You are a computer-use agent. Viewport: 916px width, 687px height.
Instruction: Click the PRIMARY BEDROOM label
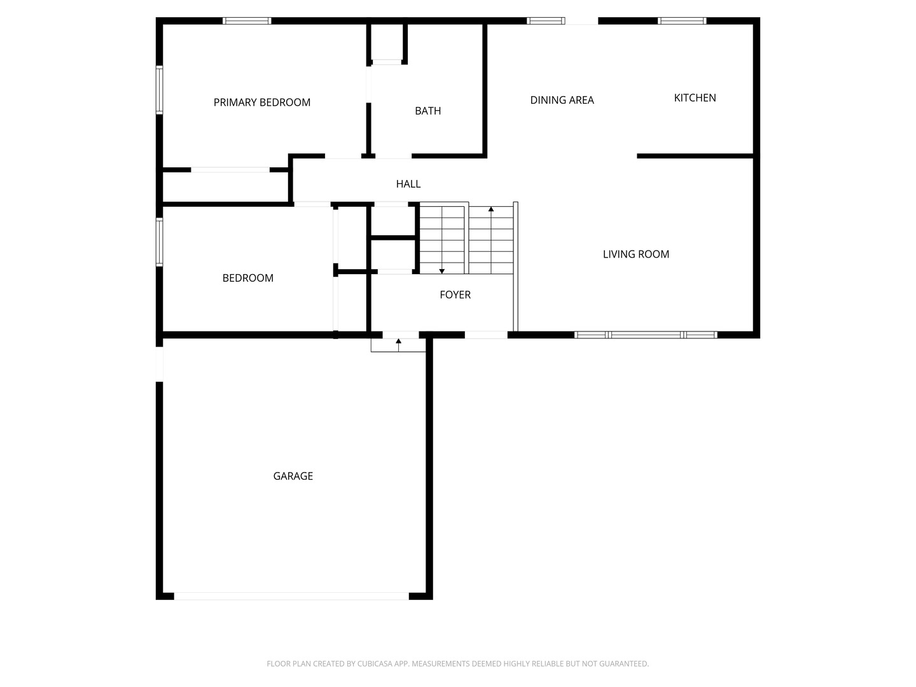pos(261,102)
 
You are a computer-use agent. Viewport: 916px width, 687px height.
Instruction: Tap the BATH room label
pos(427,111)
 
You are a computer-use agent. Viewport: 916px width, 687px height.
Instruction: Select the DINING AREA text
pos(562,100)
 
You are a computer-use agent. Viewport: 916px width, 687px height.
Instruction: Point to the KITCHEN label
pos(695,97)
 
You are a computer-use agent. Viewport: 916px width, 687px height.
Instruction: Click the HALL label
pos(408,184)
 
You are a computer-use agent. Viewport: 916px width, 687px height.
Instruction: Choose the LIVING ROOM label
pos(636,254)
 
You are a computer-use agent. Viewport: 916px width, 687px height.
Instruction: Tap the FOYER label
pos(455,295)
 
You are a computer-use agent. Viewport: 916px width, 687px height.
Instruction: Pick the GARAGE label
pos(293,476)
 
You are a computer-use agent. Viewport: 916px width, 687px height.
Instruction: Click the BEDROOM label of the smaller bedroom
pos(248,278)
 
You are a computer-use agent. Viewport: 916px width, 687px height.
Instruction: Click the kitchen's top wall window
pos(682,21)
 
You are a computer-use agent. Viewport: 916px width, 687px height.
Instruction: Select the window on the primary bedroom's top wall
pos(247,21)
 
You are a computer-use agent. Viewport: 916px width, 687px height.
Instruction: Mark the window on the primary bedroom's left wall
pos(160,90)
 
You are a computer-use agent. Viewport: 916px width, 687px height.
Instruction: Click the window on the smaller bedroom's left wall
pos(160,242)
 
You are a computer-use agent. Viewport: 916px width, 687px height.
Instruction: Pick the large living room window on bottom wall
pos(646,335)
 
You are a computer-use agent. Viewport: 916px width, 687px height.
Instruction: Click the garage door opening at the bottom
pos(291,596)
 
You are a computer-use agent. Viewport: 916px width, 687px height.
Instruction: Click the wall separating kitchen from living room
pos(695,156)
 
